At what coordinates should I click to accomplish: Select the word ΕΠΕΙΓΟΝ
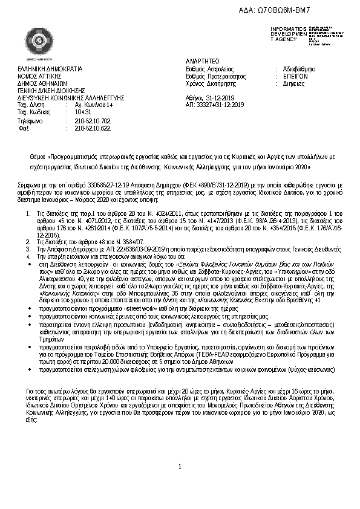[x=296, y=77]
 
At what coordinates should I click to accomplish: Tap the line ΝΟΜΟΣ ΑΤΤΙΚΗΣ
[x=41, y=77]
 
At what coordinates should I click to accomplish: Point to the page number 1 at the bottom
[x=180, y=484]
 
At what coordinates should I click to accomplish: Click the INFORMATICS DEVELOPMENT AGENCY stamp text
[x=284, y=34]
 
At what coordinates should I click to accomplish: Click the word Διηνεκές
[x=295, y=84]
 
